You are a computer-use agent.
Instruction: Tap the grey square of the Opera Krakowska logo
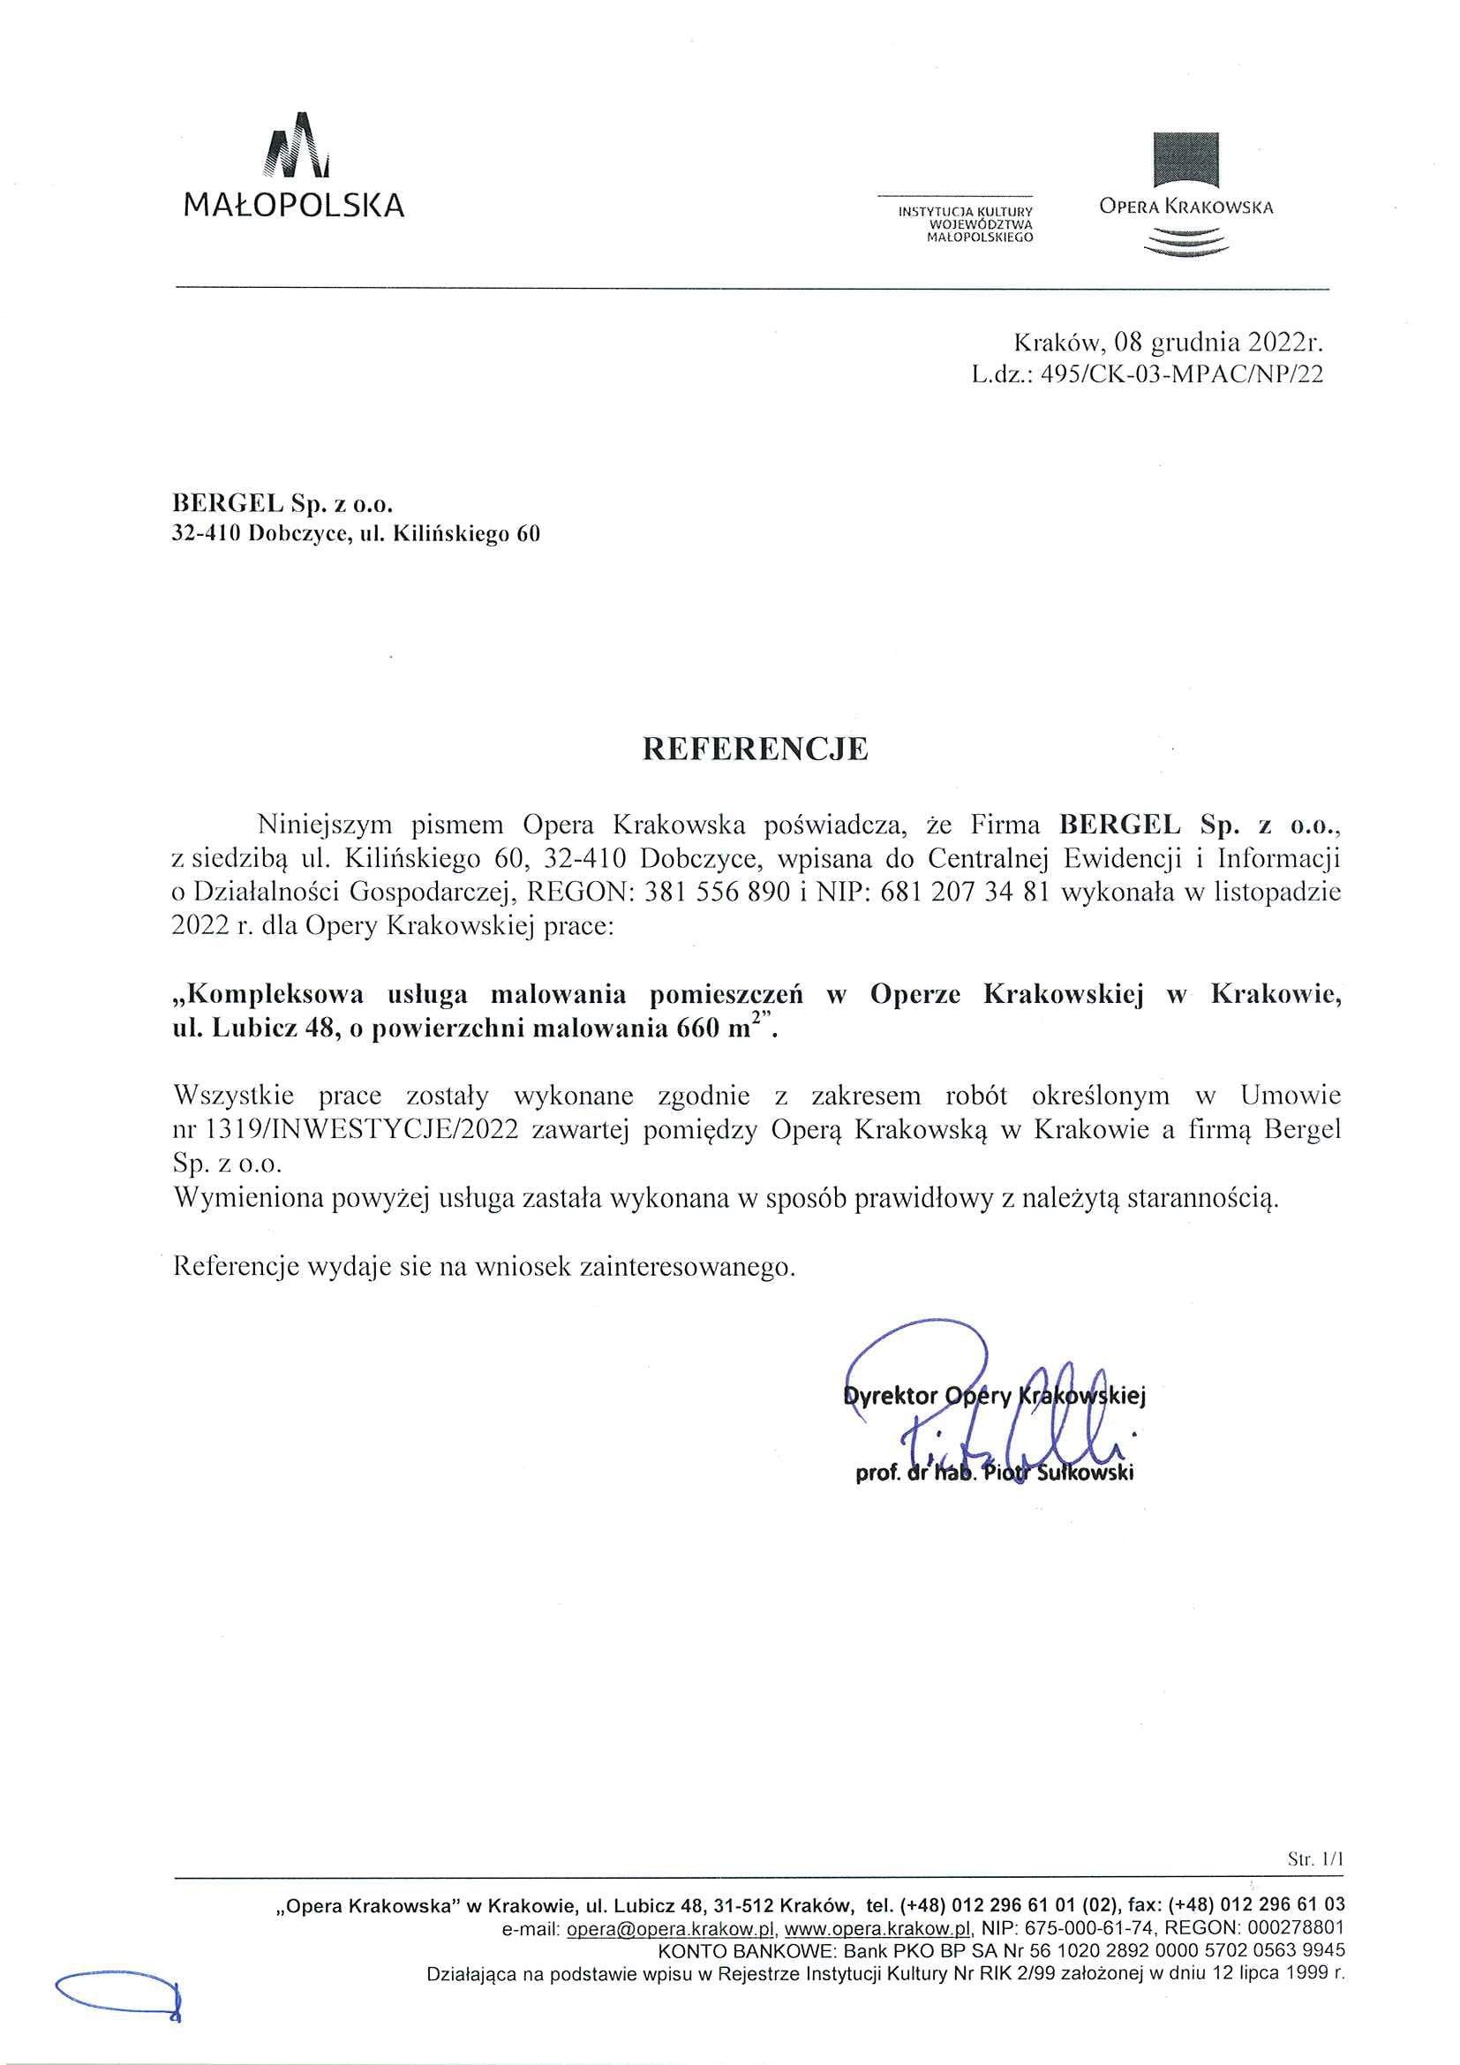pyautogui.click(x=1185, y=160)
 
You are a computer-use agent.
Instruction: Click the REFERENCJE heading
pyautogui.click(x=756, y=750)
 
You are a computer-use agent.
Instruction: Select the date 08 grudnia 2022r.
pyautogui.click(x=1218, y=343)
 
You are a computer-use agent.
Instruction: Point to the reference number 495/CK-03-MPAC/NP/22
pyautogui.click(x=1181, y=374)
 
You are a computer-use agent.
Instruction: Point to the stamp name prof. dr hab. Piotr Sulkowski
pyautogui.click(x=994, y=1473)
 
